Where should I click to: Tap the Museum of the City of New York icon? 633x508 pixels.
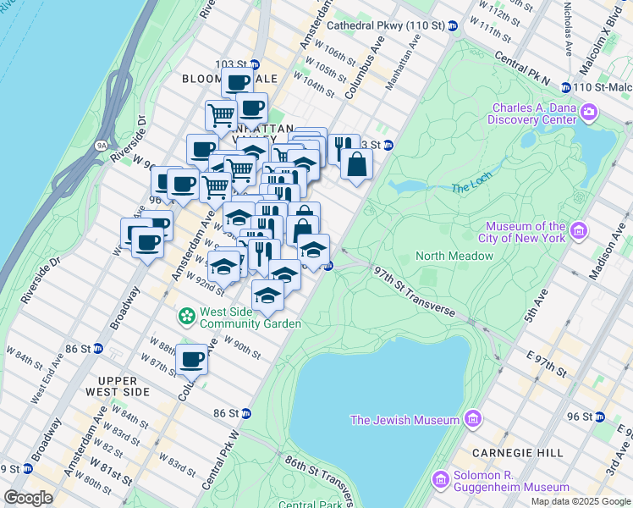(579, 229)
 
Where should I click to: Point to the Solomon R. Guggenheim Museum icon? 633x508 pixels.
(440, 480)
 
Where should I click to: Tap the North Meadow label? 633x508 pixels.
(454, 256)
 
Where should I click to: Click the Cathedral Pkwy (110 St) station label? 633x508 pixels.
(386, 25)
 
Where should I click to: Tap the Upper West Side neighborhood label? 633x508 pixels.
(117, 386)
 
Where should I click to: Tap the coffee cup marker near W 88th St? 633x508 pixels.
(192, 359)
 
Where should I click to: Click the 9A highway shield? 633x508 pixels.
(102, 146)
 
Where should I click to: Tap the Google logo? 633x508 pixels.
(29, 497)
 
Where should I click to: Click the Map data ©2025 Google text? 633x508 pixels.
(580, 501)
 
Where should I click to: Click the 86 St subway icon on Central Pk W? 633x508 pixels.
(246, 413)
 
